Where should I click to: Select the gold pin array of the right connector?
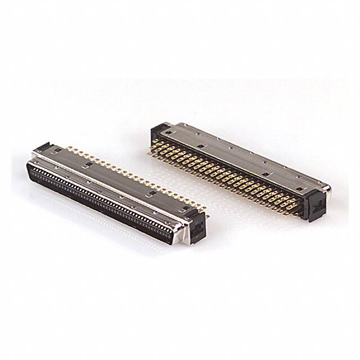(x=225, y=174)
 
